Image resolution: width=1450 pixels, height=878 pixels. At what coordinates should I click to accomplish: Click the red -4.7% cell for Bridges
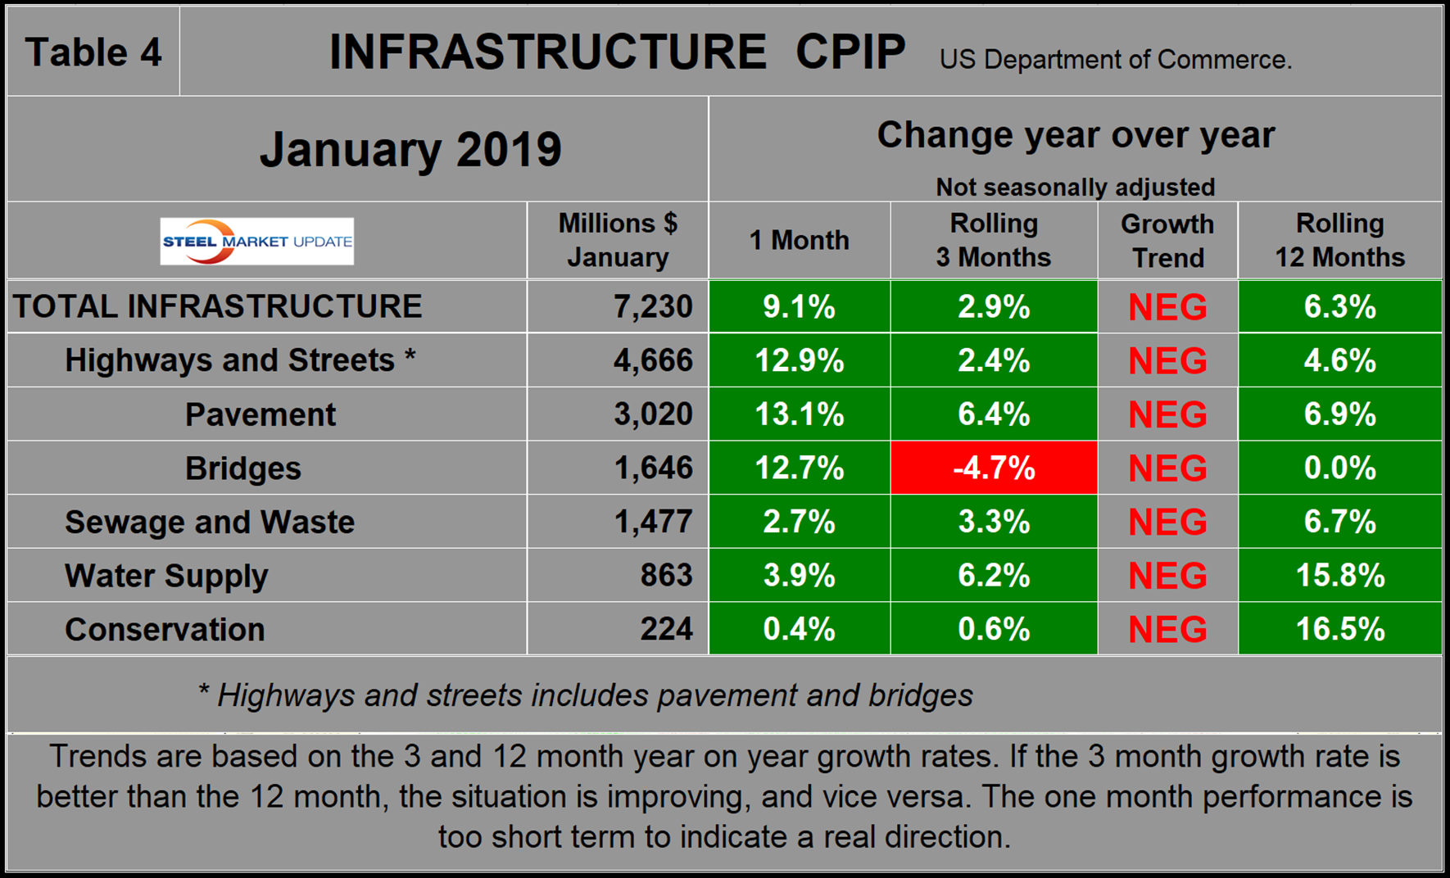point(994,468)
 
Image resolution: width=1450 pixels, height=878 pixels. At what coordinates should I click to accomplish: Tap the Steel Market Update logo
point(257,242)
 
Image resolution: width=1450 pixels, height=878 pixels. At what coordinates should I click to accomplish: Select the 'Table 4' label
point(93,52)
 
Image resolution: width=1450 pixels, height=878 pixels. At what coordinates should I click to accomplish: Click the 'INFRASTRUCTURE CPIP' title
point(617,52)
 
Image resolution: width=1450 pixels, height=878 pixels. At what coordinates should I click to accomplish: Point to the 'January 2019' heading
point(410,150)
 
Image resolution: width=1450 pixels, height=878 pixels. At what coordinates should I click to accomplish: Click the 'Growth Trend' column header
point(1167,241)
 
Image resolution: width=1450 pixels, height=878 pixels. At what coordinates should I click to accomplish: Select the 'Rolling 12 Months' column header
point(1339,241)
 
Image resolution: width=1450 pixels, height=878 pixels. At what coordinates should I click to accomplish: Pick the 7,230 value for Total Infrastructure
point(653,306)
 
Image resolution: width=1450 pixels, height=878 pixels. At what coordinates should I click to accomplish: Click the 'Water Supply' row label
point(166,576)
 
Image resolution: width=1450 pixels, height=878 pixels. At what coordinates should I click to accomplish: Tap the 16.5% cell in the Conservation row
point(1339,629)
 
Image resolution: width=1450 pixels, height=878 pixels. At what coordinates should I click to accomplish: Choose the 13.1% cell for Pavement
point(799,414)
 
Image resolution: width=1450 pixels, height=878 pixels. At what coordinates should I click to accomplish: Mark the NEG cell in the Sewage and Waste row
point(1167,523)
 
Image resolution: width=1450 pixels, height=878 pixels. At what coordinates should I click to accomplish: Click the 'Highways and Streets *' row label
point(240,360)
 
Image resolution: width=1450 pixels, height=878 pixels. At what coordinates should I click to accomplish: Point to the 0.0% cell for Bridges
point(1339,468)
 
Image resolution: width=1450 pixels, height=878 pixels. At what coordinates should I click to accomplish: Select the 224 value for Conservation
point(666,629)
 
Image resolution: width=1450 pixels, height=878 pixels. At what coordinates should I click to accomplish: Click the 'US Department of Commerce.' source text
point(1115,60)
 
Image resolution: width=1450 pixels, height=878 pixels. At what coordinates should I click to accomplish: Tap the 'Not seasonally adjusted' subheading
point(1075,187)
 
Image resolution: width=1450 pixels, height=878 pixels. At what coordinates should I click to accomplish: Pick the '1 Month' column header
point(799,241)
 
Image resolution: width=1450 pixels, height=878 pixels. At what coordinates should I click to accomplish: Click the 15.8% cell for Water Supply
point(1339,576)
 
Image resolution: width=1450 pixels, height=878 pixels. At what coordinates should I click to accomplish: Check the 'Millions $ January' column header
point(618,241)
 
